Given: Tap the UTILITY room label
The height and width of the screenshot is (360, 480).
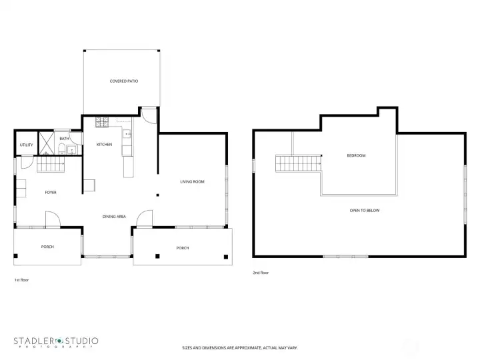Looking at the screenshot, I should pyautogui.click(x=26, y=145).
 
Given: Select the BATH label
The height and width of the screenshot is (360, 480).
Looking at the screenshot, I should pyautogui.click(x=64, y=139).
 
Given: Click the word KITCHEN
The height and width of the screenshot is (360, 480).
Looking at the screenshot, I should pyautogui.click(x=104, y=145).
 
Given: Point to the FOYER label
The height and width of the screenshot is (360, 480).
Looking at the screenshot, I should pyautogui.click(x=51, y=193).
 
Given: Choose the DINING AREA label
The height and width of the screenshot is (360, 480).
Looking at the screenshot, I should pyautogui.click(x=114, y=217).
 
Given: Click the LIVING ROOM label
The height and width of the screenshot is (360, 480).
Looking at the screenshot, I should pyautogui.click(x=192, y=181).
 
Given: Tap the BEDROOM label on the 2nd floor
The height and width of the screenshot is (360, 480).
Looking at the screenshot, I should pyautogui.click(x=356, y=155).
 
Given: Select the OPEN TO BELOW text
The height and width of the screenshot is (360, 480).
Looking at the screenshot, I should pyautogui.click(x=365, y=210).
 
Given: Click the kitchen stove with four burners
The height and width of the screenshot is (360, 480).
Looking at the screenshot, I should pyautogui.click(x=103, y=122).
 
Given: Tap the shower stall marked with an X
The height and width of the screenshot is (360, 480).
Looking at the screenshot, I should pyautogui.click(x=46, y=143).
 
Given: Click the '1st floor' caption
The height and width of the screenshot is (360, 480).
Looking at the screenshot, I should pyautogui.click(x=21, y=280).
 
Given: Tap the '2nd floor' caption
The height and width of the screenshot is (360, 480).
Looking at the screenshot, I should pyautogui.click(x=261, y=273).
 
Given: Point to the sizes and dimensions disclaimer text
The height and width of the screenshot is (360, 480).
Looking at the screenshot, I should pyautogui.click(x=240, y=348).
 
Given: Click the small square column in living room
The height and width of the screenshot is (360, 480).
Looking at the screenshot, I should pyautogui.click(x=157, y=195).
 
